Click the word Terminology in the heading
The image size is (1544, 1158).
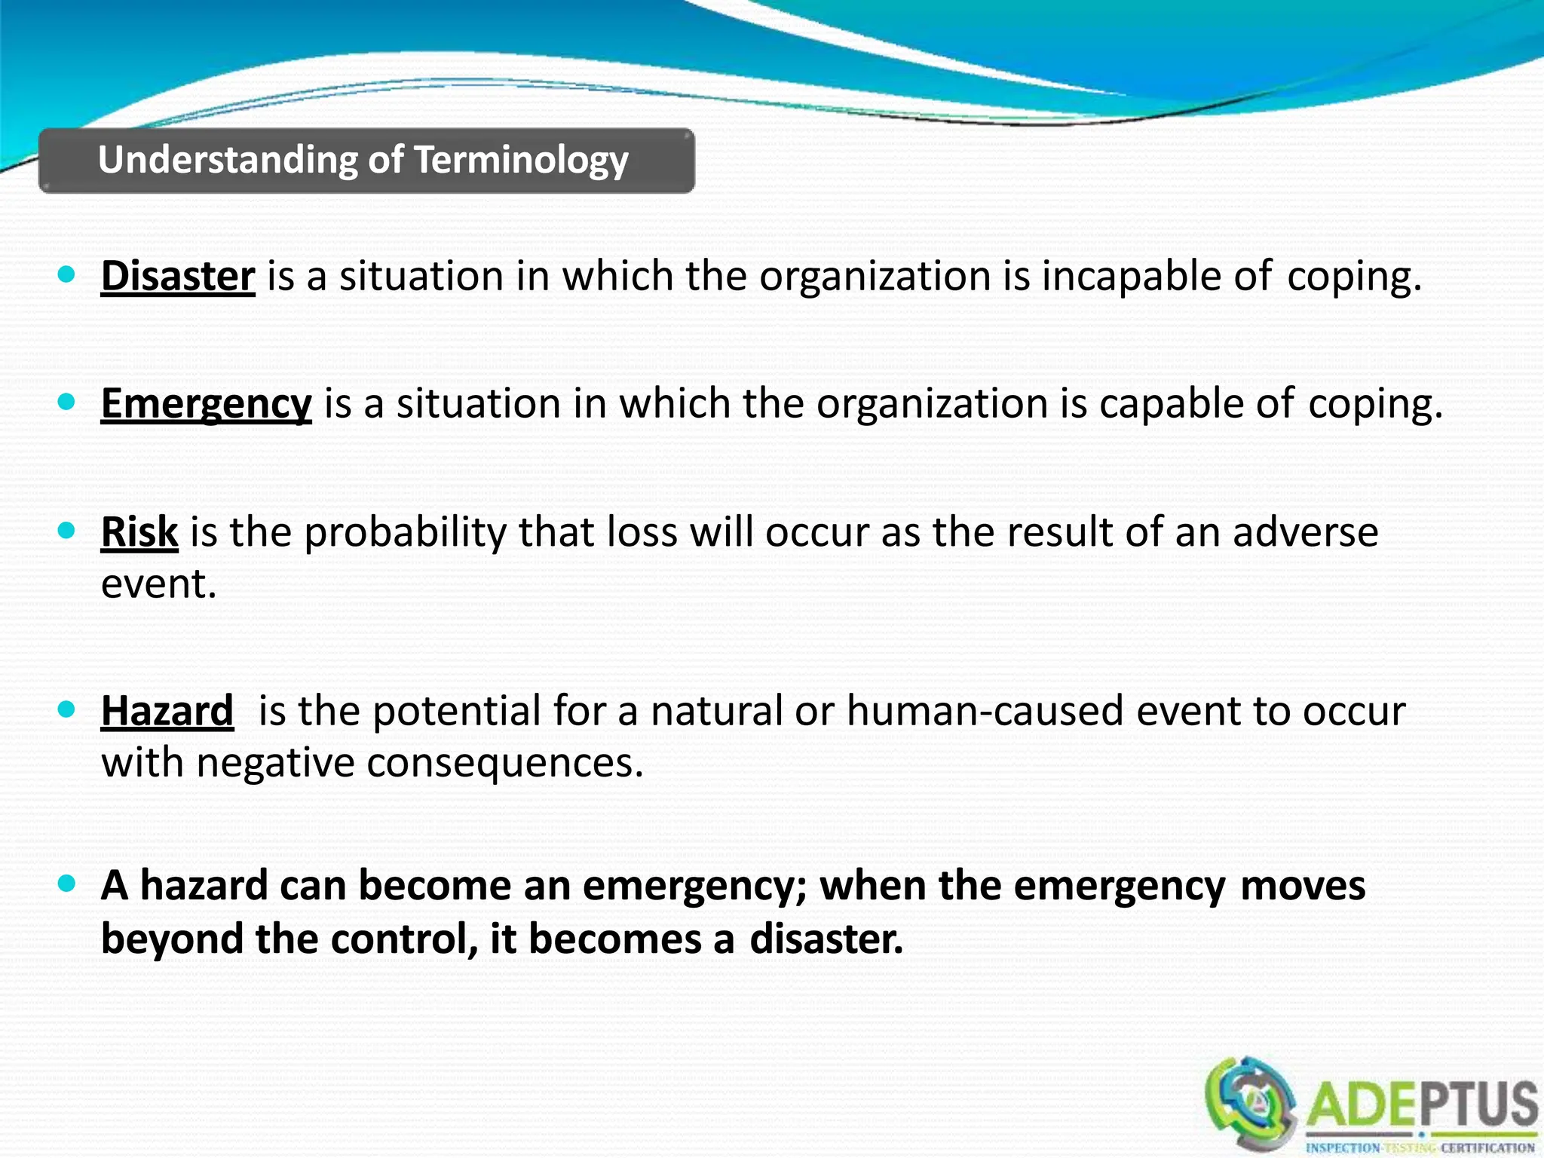pyautogui.click(x=522, y=161)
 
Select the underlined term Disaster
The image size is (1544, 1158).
pyautogui.click(x=178, y=276)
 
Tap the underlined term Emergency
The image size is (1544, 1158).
pyautogui.click(x=206, y=403)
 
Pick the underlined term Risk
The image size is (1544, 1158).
pyautogui.click(x=139, y=532)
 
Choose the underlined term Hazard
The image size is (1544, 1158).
pyautogui.click(x=167, y=710)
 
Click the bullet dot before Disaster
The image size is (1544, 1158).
pyautogui.click(x=67, y=274)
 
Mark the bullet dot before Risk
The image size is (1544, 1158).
pyautogui.click(x=67, y=530)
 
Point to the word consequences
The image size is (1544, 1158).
pyautogui.click(x=504, y=762)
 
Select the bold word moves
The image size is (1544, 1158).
pyautogui.click(x=1303, y=885)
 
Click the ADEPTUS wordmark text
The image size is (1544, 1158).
pyautogui.click(x=1422, y=1105)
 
